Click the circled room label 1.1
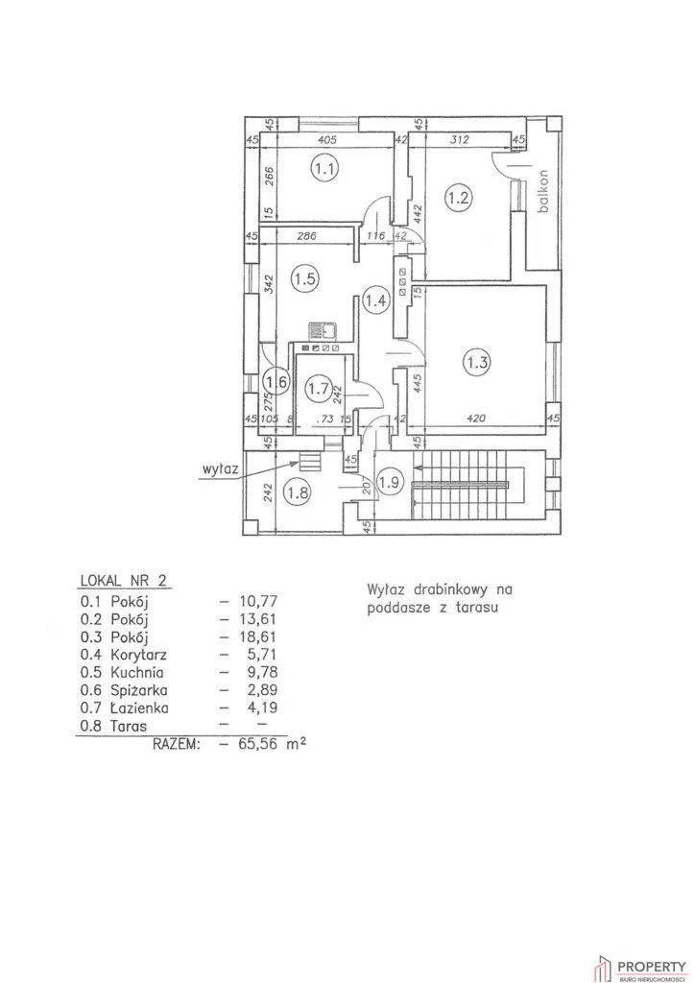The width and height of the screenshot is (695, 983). (325, 171)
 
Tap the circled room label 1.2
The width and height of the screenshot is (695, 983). (458, 199)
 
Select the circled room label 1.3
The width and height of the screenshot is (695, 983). (477, 363)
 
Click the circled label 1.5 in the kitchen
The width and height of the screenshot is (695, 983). (305, 280)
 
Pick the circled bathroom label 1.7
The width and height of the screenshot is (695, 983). (318, 389)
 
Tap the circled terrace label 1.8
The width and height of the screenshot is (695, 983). (298, 494)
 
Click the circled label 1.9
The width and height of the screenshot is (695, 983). (390, 482)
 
